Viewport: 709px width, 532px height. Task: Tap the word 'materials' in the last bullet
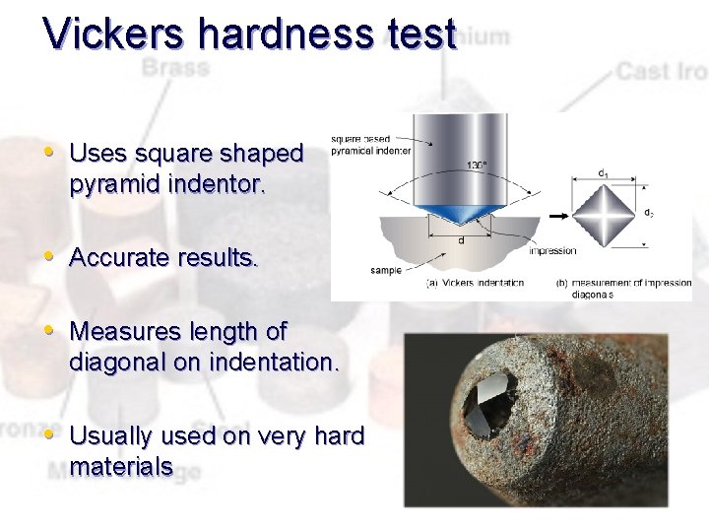point(121,466)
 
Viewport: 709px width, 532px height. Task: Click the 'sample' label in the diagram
point(386,269)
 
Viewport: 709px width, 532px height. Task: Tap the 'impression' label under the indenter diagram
point(552,250)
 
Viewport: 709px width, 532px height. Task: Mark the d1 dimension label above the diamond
point(602,172)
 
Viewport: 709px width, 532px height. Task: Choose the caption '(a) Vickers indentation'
point(474,283)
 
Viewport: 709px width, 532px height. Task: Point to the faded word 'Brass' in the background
point(175,68)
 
